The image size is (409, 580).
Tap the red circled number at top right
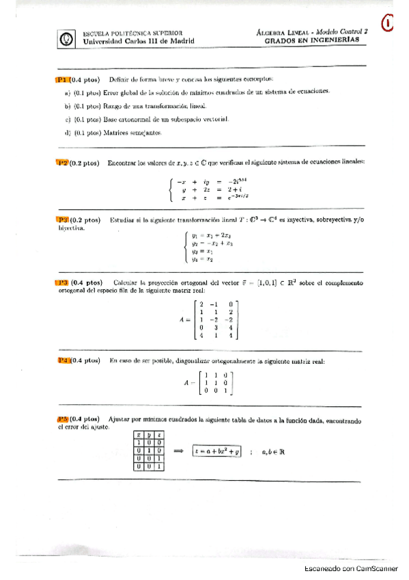tap(388, 24)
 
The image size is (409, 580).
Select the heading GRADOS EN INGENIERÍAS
tap(311, 40)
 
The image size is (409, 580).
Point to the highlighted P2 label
tap(63, 163)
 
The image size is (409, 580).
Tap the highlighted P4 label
tap(65, 360)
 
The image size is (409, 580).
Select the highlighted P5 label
tap(65, 418)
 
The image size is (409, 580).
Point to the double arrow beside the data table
tap(180, 451)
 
